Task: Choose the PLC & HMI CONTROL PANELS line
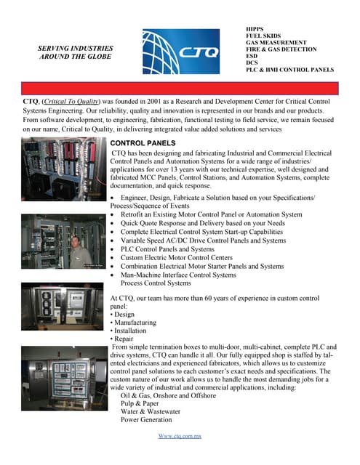coord(289,70)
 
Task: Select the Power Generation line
coord(146,419)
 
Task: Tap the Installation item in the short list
coord(132,330)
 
